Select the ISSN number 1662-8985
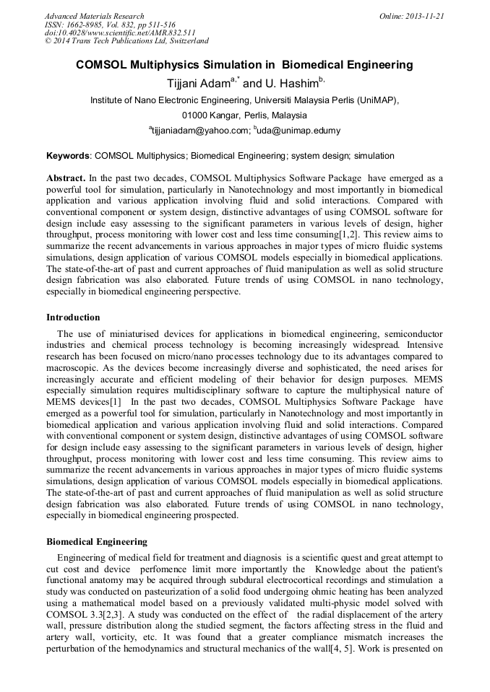coord(88,25)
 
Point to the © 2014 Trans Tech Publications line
coord(126,42)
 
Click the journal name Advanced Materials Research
coord(95,16)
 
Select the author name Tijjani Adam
coord(198,83)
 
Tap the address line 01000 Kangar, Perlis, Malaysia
coord(244,115)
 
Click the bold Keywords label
coord(69,155)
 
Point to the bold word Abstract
coord(66,178)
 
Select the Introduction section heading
coord(73,317)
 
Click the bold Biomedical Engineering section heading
coord(97,542)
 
